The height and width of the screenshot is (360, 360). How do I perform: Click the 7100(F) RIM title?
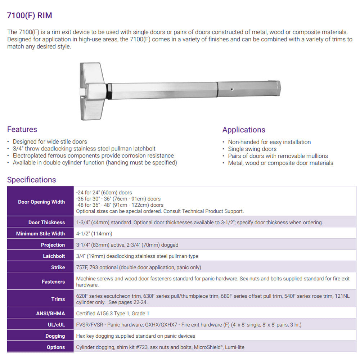click(x=30, y=15)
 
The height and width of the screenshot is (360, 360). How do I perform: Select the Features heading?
click(x=22, y=129)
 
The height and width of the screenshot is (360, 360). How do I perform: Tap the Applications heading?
click(x=243, y=130)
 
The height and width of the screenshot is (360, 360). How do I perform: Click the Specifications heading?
click(x=31, y=180)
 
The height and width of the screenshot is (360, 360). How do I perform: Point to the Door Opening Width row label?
click(x=41, y=202)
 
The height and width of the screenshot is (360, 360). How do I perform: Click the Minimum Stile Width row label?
click(x=40, y=234)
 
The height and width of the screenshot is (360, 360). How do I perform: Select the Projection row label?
click(x=53, y=245)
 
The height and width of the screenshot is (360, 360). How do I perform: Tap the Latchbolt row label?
click(x=54, y=256)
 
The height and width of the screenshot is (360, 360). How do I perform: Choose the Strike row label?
click(x=58, y=267)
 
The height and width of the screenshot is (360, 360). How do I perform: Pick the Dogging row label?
click(x=55, y=336)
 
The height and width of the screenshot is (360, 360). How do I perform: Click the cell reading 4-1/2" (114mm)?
click(x=94, y=234)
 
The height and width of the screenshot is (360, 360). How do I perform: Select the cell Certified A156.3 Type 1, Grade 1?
click(x=112, y=314)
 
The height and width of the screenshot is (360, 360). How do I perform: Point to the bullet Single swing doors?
click(x=252, y=149)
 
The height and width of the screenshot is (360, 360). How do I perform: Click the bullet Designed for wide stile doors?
click(x=50, y=142)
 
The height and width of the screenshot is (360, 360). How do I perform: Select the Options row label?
click(x=56, y=347)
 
